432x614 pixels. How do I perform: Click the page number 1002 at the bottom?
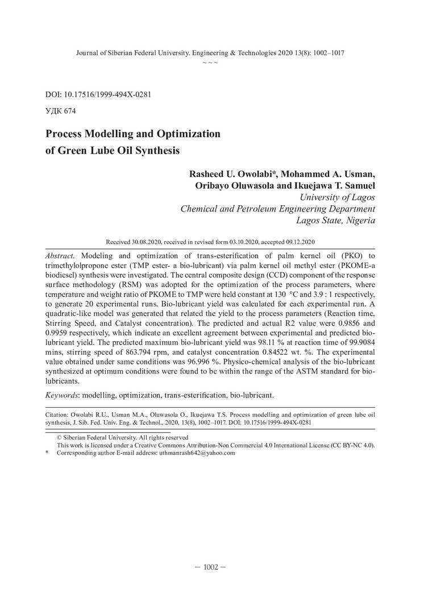pos(210,567)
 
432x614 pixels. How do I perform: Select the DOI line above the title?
pos(97,94)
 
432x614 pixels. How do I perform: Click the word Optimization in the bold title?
pos(185,135)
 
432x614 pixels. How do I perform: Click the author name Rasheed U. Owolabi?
pos(229,174)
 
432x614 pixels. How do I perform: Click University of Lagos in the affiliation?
pos(337,197)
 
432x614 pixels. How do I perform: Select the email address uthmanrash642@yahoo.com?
pos(197,453)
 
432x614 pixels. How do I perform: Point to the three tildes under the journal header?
pos(210,63)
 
